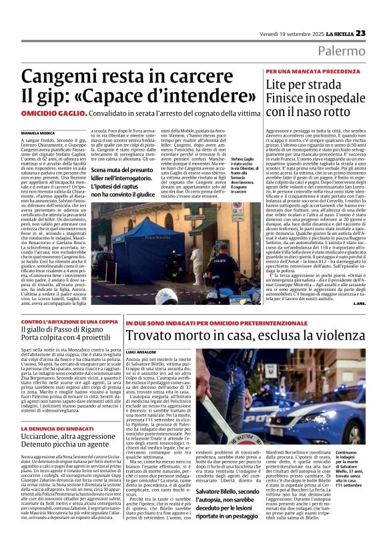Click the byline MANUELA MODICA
[x=38, y=133]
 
